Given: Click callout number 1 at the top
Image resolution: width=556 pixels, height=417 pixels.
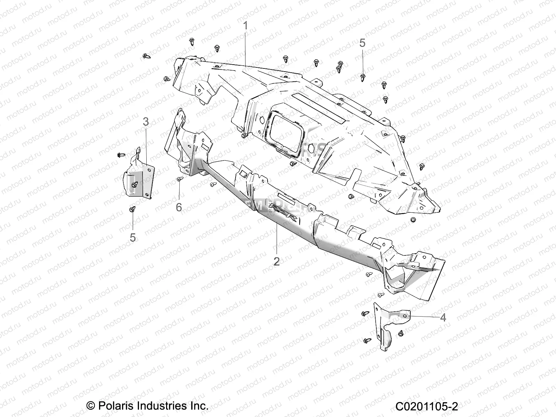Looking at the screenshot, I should coord(245,26).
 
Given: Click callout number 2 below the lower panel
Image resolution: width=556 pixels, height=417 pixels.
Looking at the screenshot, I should coord(276,261).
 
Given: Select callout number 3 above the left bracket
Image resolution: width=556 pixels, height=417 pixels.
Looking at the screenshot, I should coord(146,122).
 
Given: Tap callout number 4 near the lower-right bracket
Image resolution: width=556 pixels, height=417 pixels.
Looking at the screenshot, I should coord(443,317).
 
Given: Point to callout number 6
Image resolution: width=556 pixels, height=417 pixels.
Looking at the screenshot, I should coord(179,207).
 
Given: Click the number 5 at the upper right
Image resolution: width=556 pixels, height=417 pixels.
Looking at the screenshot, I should coord(362,43).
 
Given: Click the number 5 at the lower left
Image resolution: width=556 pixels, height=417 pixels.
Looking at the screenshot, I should coord(133,238).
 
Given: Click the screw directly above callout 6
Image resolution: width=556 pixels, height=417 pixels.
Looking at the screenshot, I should coord(179,179).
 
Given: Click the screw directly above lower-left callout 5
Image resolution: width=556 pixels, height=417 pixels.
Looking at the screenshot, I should coord(132,209).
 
